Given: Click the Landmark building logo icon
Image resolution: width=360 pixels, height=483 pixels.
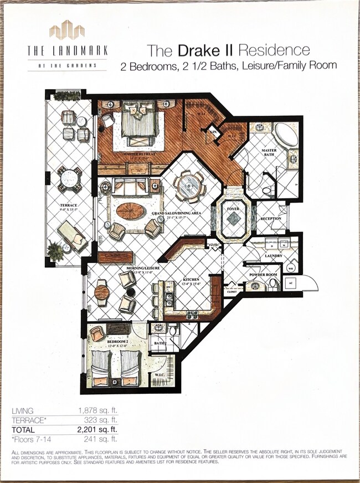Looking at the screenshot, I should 67,30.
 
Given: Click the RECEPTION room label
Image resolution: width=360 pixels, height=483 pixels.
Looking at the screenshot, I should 271,218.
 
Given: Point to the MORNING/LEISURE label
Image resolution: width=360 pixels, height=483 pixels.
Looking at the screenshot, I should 142,268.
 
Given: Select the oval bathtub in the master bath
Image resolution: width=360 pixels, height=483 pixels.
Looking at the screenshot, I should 285,134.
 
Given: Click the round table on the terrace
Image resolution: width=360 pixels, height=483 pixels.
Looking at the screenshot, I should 69,178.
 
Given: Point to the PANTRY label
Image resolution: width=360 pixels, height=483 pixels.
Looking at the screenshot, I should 214,244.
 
